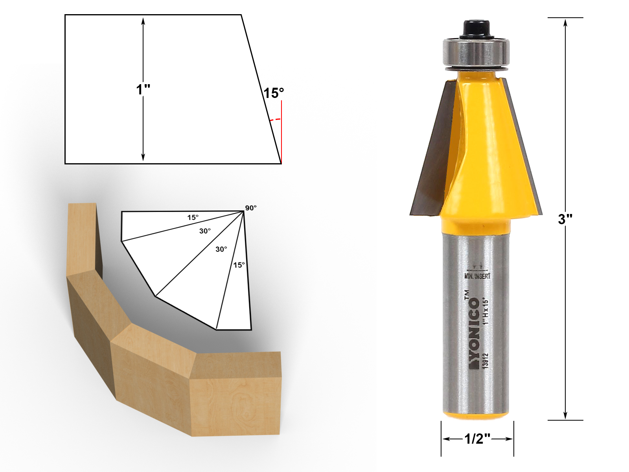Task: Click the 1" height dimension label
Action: [143, 90]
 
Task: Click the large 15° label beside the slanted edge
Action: [273, 93]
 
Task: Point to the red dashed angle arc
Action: [276, 119]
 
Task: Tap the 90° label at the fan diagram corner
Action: [251, 208]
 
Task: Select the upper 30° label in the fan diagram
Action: [205, 231]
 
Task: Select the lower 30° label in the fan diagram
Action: [221, 249]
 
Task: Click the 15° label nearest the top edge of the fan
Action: [193, 218]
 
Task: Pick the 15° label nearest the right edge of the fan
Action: [239, 265]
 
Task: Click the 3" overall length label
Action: [565, 219]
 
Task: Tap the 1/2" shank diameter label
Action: [477, 439]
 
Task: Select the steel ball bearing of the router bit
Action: [476, 52]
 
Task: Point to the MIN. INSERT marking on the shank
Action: [477, 276]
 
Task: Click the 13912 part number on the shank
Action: [486, 360]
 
